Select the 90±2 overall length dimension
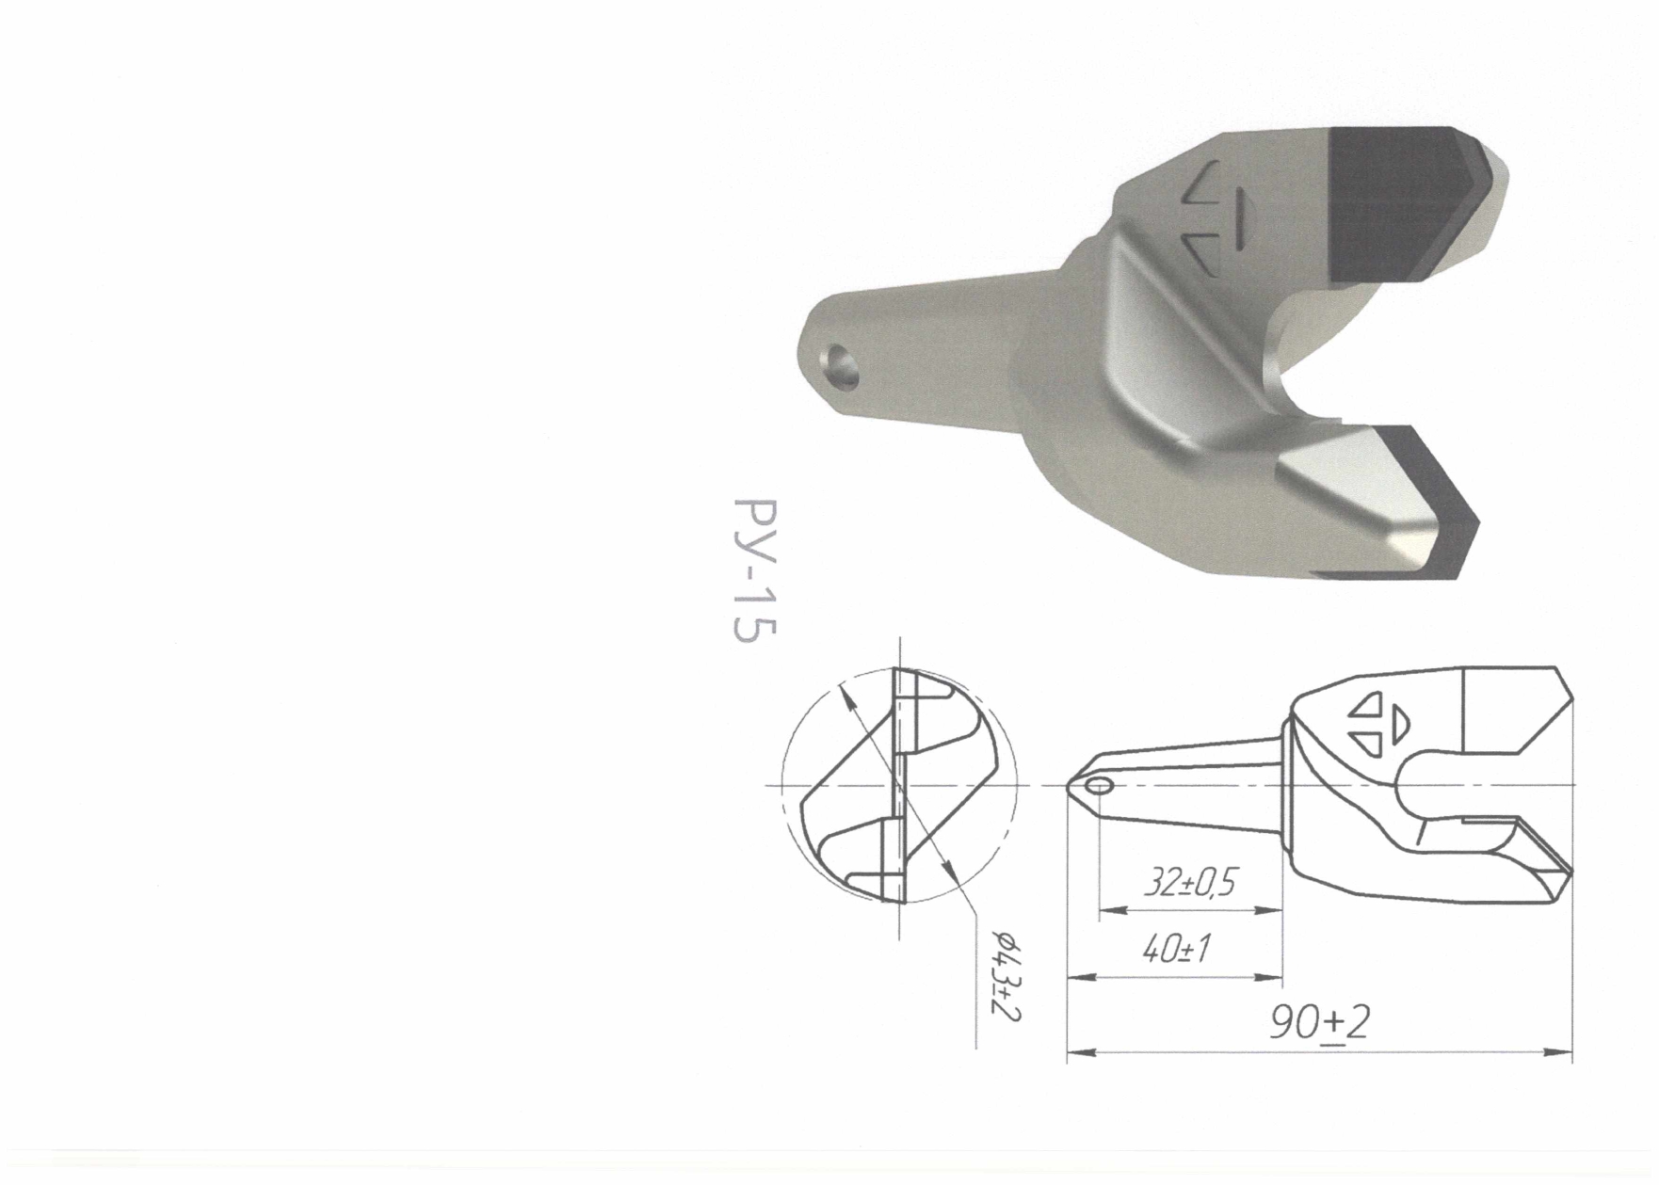pos(1318,1023)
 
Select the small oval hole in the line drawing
pos(1098,785)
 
